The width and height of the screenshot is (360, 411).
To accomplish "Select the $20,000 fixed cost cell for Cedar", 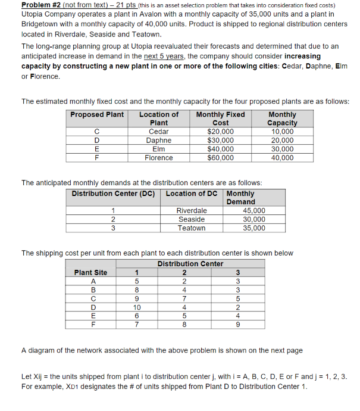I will click(x=220, y=132).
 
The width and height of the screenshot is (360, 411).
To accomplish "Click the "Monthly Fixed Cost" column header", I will click(x=220, y=119).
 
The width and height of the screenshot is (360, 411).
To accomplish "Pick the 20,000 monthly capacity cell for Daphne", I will click(x=282, y=141).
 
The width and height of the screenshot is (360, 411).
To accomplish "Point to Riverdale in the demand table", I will click(x=192, y=211).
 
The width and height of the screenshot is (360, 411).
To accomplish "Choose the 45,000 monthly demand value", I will click(x=254, y=211).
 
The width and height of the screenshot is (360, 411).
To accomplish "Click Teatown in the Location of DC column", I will click(x=192, y=228).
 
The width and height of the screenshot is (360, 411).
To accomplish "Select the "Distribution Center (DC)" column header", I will click(x=113, y=194).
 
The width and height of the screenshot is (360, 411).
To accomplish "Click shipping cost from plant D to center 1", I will click(x=137, y=307).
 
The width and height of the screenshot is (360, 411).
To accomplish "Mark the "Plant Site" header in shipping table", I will click(x=91, y=273).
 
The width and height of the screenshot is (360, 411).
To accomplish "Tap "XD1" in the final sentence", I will click(x=80, y=387).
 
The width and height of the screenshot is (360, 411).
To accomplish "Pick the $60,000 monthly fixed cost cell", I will click(x=220, y=158).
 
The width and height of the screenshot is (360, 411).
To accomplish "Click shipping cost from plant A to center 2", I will click(x=185, y=282).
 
